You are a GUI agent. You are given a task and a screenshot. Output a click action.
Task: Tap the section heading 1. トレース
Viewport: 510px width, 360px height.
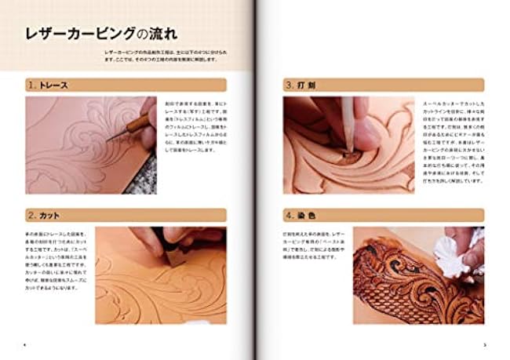49,85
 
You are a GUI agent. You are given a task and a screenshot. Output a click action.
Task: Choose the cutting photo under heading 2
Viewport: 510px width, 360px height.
161,275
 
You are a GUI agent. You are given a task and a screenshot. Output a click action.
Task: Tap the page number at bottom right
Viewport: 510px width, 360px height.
485,344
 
